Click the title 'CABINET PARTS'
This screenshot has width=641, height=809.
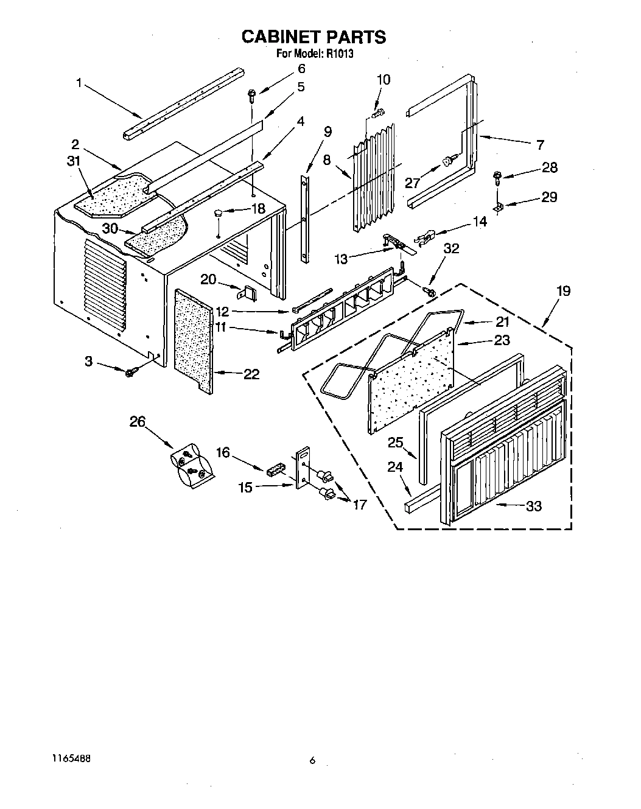coord(313,37)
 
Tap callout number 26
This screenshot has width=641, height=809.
coord(139,421)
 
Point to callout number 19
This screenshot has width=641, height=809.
coord(563,291)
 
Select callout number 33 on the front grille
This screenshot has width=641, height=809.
coord(533,506)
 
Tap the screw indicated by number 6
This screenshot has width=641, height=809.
coord(251,94)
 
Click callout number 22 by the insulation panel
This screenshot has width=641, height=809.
coord(251,374)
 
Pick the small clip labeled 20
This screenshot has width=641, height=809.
coord(248,293)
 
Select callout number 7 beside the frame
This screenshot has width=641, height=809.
coord(539,145)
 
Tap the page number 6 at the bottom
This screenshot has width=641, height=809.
coord(313,760)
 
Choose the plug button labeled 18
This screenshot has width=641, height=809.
coord(218,212)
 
